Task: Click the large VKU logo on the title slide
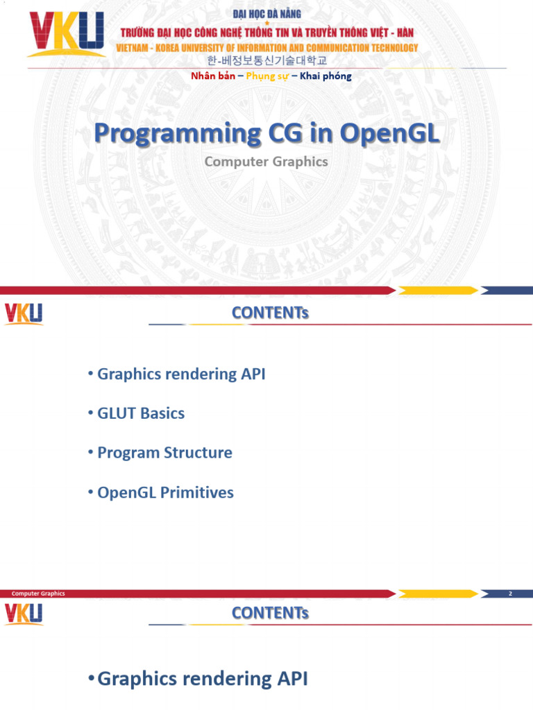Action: (66, 35)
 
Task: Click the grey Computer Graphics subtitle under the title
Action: (266, 162)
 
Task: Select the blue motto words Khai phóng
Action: (325, 76)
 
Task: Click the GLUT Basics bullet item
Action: (141, 413)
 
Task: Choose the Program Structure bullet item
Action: (164, 453)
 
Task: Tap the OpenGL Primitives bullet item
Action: (165, 493)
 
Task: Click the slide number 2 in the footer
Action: (510, 594)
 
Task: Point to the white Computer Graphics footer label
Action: (38, 594)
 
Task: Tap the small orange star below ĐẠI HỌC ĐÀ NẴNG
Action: (267, 24)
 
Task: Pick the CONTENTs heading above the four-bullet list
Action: (270, 313)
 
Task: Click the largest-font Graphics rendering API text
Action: (203, 679)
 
